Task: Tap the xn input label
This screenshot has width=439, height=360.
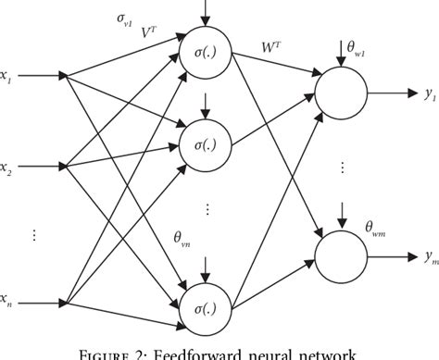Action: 6,274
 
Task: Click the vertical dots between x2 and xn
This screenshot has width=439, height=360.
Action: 36,235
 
